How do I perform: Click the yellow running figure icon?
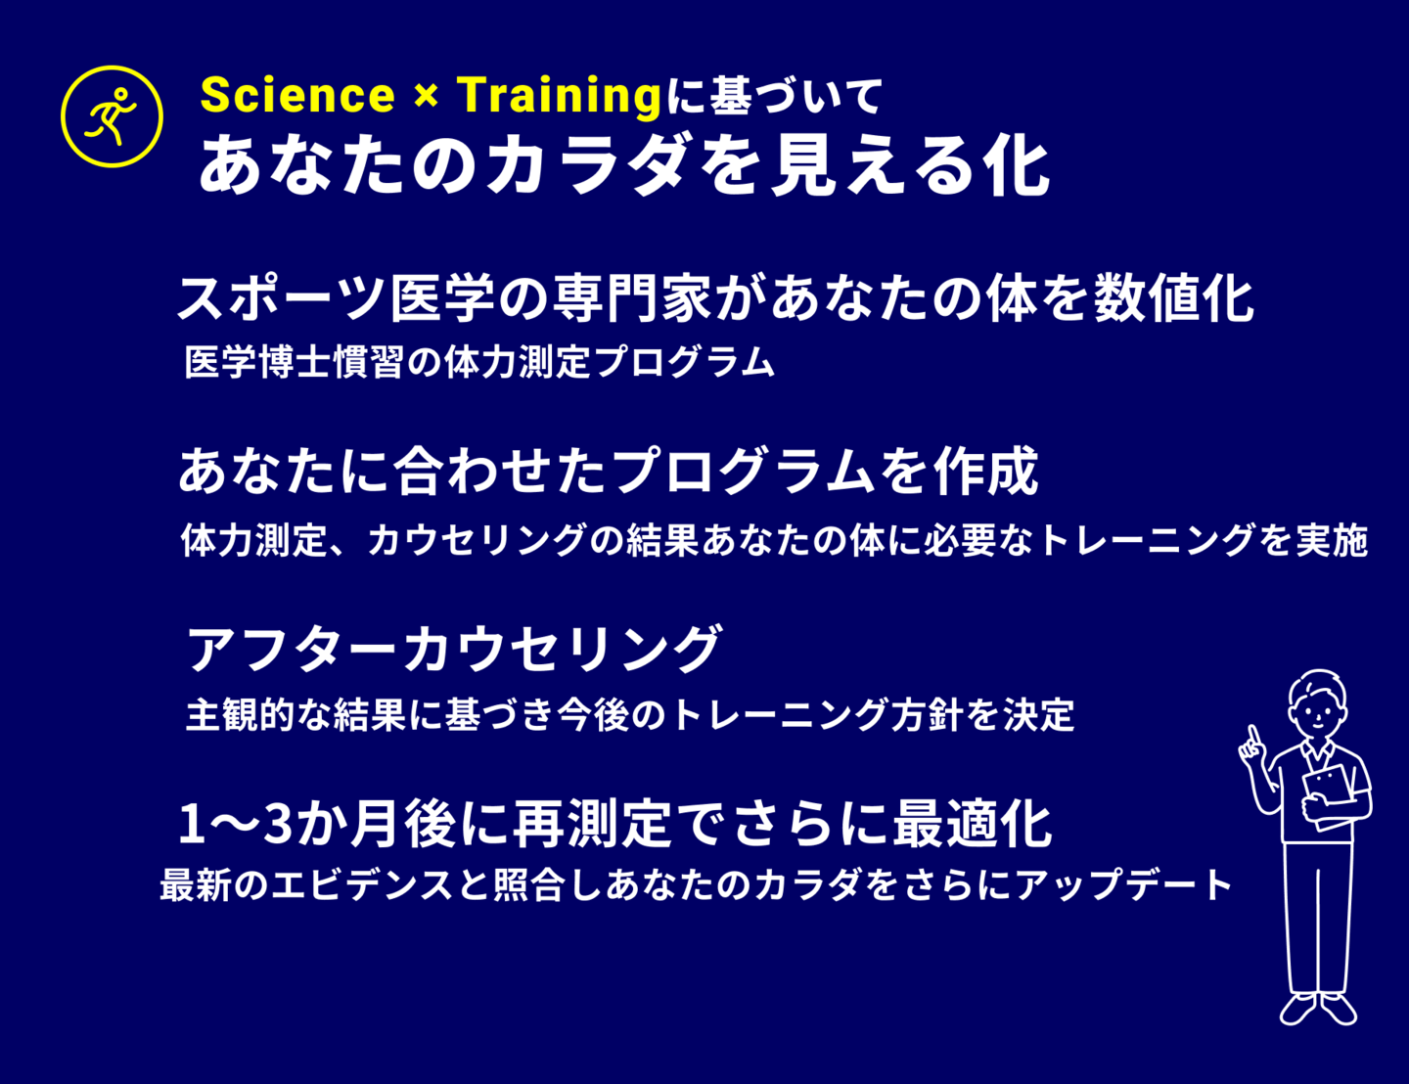pyautogui.click(x=112, y=116)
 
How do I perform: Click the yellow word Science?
pyautogui.click(x=297, y=95)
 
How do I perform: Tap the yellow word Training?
pyautogui.click(x=559, y=96)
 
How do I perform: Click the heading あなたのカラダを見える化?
pyautogui.click(x=623, y=162)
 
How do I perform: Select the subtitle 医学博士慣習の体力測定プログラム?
pyautogui.click(x=479, y=362)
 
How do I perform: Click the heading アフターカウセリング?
pyautogui.click(x=454, y=649)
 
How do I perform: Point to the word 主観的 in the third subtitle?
pyautogui.click(x=241, y=714)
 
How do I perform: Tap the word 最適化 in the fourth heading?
pyautogui.click(x=973, y=824)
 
